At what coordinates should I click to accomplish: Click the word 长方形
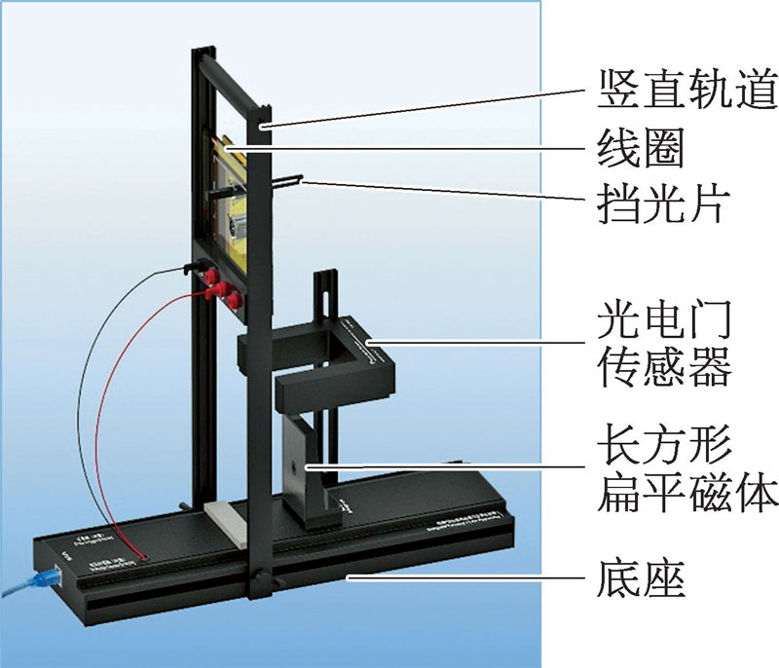pos(662,444)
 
